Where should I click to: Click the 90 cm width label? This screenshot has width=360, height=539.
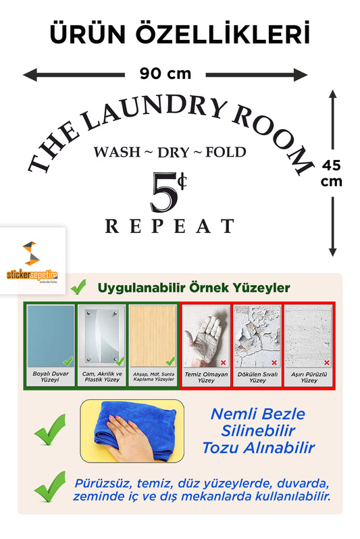click(x=165, y=74)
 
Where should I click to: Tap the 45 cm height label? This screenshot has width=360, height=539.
click(x=332, y=173)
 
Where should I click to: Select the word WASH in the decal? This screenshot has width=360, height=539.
click(x=118, y=152)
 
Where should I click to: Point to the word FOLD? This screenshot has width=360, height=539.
click(x=226, y=152)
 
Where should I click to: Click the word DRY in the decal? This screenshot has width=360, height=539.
click(x=174, y=153)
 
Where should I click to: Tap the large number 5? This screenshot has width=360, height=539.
click(x=163, y=192)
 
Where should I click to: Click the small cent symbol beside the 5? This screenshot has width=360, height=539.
click(x=182, y=181)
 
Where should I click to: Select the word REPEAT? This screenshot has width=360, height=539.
click(x=170, y=226)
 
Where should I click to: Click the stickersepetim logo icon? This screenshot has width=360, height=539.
click(x=31, y=253)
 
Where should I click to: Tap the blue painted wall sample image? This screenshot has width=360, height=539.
click(x=51, y=336)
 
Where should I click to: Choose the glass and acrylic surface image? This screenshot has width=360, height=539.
click(x=102, y=336)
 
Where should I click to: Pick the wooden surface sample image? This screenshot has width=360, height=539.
click(x=153, y=336)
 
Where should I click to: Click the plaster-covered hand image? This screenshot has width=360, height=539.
click(x=205, y=336)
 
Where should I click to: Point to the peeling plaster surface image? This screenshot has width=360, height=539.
click(x=257, y=336)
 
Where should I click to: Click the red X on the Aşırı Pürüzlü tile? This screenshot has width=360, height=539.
click(x=327, y=362)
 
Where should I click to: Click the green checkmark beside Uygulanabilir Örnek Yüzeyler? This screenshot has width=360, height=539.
click(x=78, y=287)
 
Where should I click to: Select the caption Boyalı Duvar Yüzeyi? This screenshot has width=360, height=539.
click(x=50, y=376)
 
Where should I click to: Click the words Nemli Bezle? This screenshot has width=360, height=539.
click(x=258, y=414)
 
